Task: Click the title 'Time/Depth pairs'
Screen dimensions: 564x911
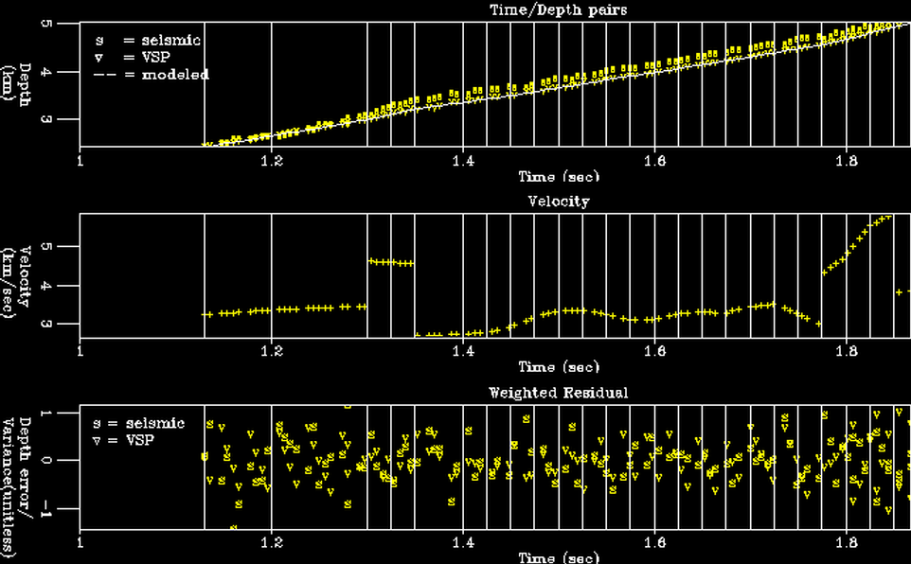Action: (558, 9)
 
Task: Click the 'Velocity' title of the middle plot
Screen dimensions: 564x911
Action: (558, 202)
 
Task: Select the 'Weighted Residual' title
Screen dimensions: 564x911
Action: (558, 393)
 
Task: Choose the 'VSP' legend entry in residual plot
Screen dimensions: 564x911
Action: (129, 440)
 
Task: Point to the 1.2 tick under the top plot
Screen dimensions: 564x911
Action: (272, 160)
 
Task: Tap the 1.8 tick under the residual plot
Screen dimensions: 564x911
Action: (845, 543)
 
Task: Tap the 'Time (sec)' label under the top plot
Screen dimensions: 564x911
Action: (558, 176)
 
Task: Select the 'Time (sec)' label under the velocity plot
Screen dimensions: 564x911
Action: (558, 367)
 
